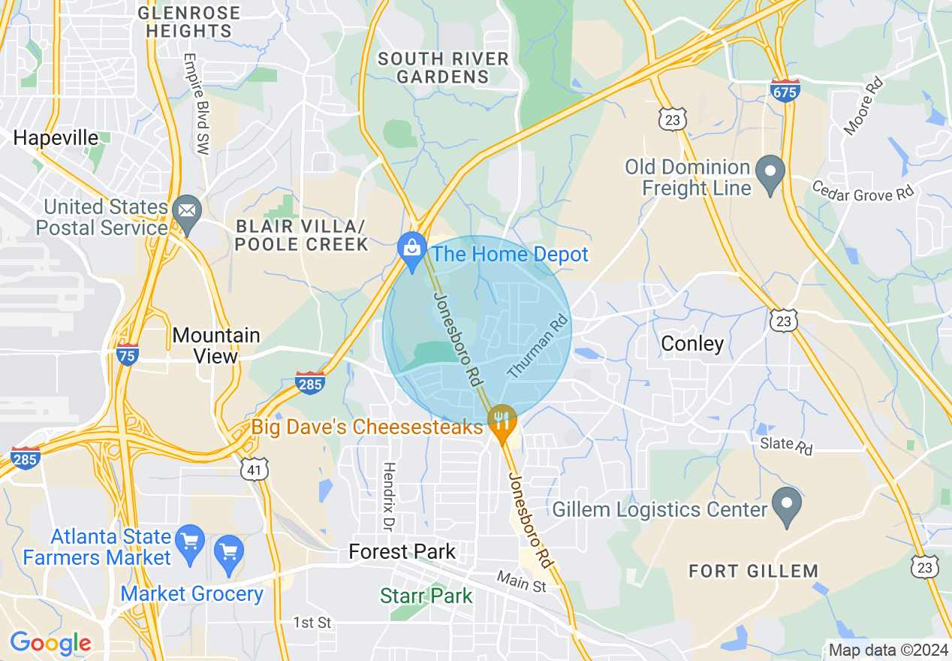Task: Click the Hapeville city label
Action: pos(56,138)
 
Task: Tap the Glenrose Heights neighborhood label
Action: pos(189,23)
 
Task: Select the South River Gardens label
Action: pos(443,68)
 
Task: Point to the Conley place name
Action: pos(692,344)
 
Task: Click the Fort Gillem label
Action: pos(753,572)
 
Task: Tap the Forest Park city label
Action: pos(402,552)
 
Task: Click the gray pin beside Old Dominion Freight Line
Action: pos(770,174)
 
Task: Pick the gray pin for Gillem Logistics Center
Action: pos(786,506)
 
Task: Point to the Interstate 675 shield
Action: pos(785,91)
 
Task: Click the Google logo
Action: pos(50,643)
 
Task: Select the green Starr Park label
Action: pos(426,596)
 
